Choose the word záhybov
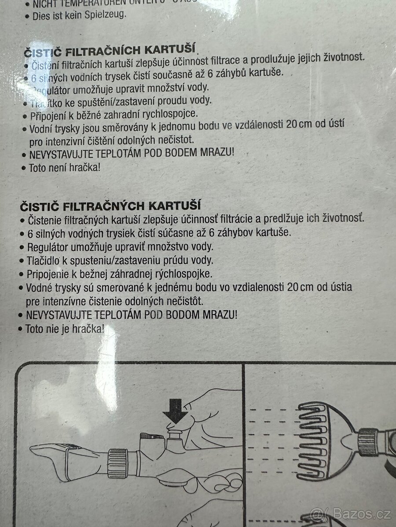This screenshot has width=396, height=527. point(238,233)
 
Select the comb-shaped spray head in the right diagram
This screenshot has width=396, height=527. point(317,442)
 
